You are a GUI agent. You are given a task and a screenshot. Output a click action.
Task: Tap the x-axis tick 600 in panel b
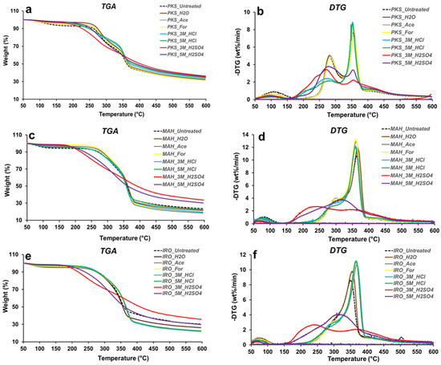click(x=431, y=107)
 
